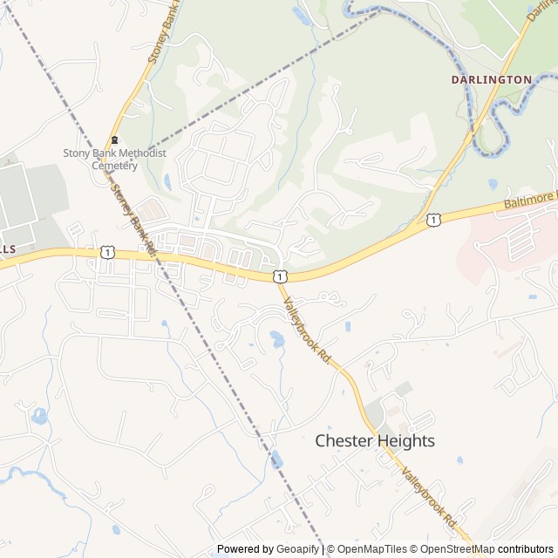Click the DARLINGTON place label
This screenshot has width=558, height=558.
(x=491, y=79)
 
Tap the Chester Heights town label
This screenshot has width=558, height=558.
(x=374, y=441)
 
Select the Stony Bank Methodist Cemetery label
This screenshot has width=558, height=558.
(x=114, y=159)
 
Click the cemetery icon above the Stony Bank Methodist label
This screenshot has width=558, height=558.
(x=114, y=140)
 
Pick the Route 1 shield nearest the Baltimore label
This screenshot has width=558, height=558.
(x=433, y=220)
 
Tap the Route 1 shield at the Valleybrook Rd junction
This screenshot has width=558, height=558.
(x=277, y=276)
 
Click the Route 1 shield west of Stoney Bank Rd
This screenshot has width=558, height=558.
(x=106, y=252)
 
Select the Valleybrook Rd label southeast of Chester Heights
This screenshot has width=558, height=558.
(x=429, y=496)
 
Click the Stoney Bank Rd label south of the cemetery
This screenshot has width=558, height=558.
(x=133, y=218)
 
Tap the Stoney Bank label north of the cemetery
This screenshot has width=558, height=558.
(x=162, y=35)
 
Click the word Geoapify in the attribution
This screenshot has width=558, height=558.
(x=298, y=549)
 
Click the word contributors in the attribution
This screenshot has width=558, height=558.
(x=526, y=549)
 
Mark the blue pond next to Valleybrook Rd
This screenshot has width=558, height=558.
(x=277, y=339)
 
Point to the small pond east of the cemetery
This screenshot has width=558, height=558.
(x=167, y=182)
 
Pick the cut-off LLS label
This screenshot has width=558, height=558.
(x=7, y=249)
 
